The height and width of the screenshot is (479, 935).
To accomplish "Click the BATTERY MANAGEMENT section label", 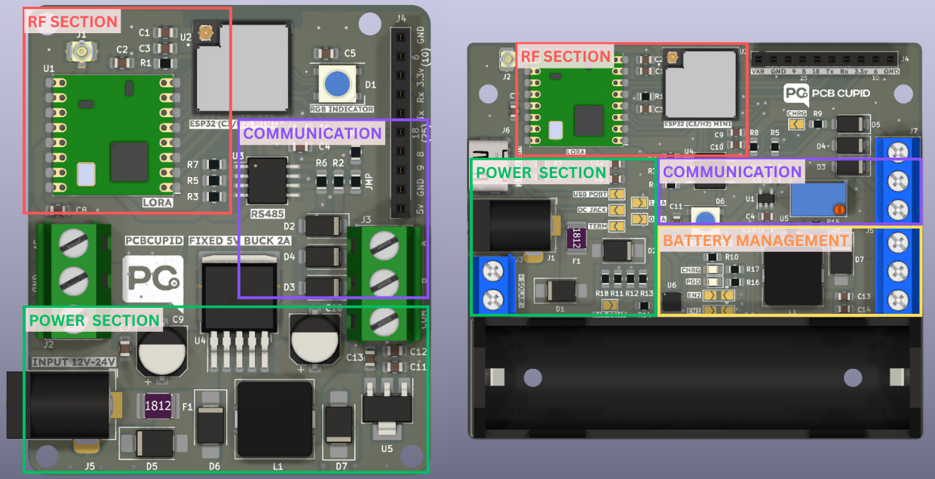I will (x=756, y=241).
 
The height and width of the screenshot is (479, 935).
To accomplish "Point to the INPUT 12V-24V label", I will (x=73, y=362).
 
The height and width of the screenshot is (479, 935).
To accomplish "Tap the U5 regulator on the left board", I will (x=388, y=408).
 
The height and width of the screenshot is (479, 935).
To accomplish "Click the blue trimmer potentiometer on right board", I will (x=817, y=198).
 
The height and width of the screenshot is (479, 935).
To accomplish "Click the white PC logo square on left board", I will (x=153, y=280).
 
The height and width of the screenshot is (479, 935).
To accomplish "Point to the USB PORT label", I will (x=590, y=194).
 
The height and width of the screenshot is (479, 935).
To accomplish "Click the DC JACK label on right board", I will (x=592, y=210).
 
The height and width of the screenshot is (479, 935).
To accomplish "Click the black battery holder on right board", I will (x=694, y=377).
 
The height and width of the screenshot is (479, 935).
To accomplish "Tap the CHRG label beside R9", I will (x=796, y=114).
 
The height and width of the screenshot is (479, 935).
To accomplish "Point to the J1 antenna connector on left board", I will (x=81, y=51).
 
